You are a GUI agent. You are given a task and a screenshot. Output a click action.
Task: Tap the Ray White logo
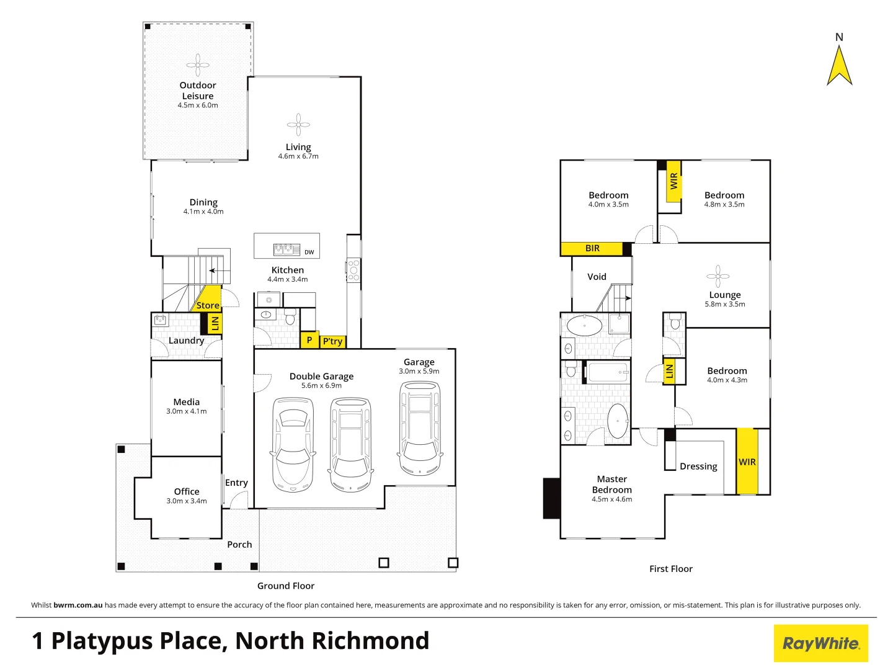click(820, 643)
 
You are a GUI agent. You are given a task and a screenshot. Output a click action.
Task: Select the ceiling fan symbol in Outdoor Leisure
click(198, 65)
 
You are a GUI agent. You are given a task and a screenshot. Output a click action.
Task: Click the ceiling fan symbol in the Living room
click(298, 124)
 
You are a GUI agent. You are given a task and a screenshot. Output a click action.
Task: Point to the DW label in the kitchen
click(309, 252)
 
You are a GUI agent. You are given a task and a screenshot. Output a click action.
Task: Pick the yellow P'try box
click(332, 341)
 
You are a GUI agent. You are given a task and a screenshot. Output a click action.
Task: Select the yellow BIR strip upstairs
click(592, 249)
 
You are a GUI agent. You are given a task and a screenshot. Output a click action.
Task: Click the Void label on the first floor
click(597, 277)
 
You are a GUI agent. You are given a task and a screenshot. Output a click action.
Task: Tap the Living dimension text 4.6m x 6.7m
click(298, 156)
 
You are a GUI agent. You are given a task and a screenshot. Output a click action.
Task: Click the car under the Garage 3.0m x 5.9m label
click(420, 428)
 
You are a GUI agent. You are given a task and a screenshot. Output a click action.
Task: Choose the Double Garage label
click(321, 376)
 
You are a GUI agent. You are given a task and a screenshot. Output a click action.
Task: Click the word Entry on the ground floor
click(236, 483)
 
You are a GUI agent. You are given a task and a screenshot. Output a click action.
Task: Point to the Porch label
click(239, 545)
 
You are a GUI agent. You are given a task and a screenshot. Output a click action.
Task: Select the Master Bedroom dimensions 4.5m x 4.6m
click(611, 499)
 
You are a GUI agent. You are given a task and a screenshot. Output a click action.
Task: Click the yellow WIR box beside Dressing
click(747, 462)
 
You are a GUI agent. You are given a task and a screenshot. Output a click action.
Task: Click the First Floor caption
click(670, 569)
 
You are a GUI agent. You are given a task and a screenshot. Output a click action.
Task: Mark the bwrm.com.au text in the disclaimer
click(78, 605)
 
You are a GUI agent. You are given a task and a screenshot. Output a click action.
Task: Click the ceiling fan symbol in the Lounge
click(718, 276)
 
